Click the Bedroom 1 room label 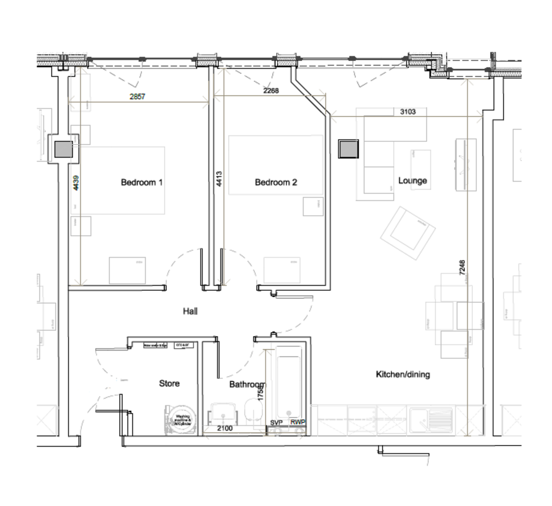[x=141, y=182]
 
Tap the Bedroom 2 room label [x=276, y=182]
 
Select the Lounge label [x=412, y=181]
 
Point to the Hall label [x=190, y=312]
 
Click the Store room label [x=169, y=383]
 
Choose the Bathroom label [x=247, y=384]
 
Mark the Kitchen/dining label [x=402, y=375]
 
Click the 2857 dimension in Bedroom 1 [x=137, y=97]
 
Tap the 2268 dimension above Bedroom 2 [x=271, y=91]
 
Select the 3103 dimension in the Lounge [x=408, y=111]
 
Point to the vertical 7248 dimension [x=462, y=267]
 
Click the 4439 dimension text [x=76, y=183]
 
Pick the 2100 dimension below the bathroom [x=224, y=428]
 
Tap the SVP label [x=276, y=422]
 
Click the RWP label [x=297, y=422]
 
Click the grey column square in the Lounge [x=348, y=149]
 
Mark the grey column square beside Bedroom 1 [x=63, y=149]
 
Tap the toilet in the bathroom [x=252, y=410]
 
